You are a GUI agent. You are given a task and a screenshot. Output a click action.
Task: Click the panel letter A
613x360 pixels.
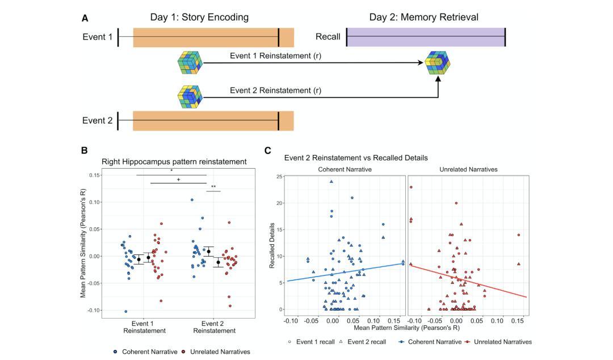coord(85,18)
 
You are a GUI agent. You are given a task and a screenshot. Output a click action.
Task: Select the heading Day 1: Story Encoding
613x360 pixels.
coord(199,17)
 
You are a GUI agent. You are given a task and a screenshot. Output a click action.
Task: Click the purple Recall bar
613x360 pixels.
coord(425,37)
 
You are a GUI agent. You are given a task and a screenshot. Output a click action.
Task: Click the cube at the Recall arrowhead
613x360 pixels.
coord(438,63)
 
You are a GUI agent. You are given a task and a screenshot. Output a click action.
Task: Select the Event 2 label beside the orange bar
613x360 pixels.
coord(98,121)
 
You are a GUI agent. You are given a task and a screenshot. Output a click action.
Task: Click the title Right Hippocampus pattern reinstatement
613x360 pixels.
coord(174,162)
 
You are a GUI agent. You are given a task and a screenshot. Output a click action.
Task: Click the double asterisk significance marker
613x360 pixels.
coord(213,187)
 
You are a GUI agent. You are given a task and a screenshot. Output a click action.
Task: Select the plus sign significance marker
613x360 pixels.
coord(179,179)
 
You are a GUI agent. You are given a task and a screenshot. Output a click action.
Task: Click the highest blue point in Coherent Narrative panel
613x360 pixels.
coord(331,182)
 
